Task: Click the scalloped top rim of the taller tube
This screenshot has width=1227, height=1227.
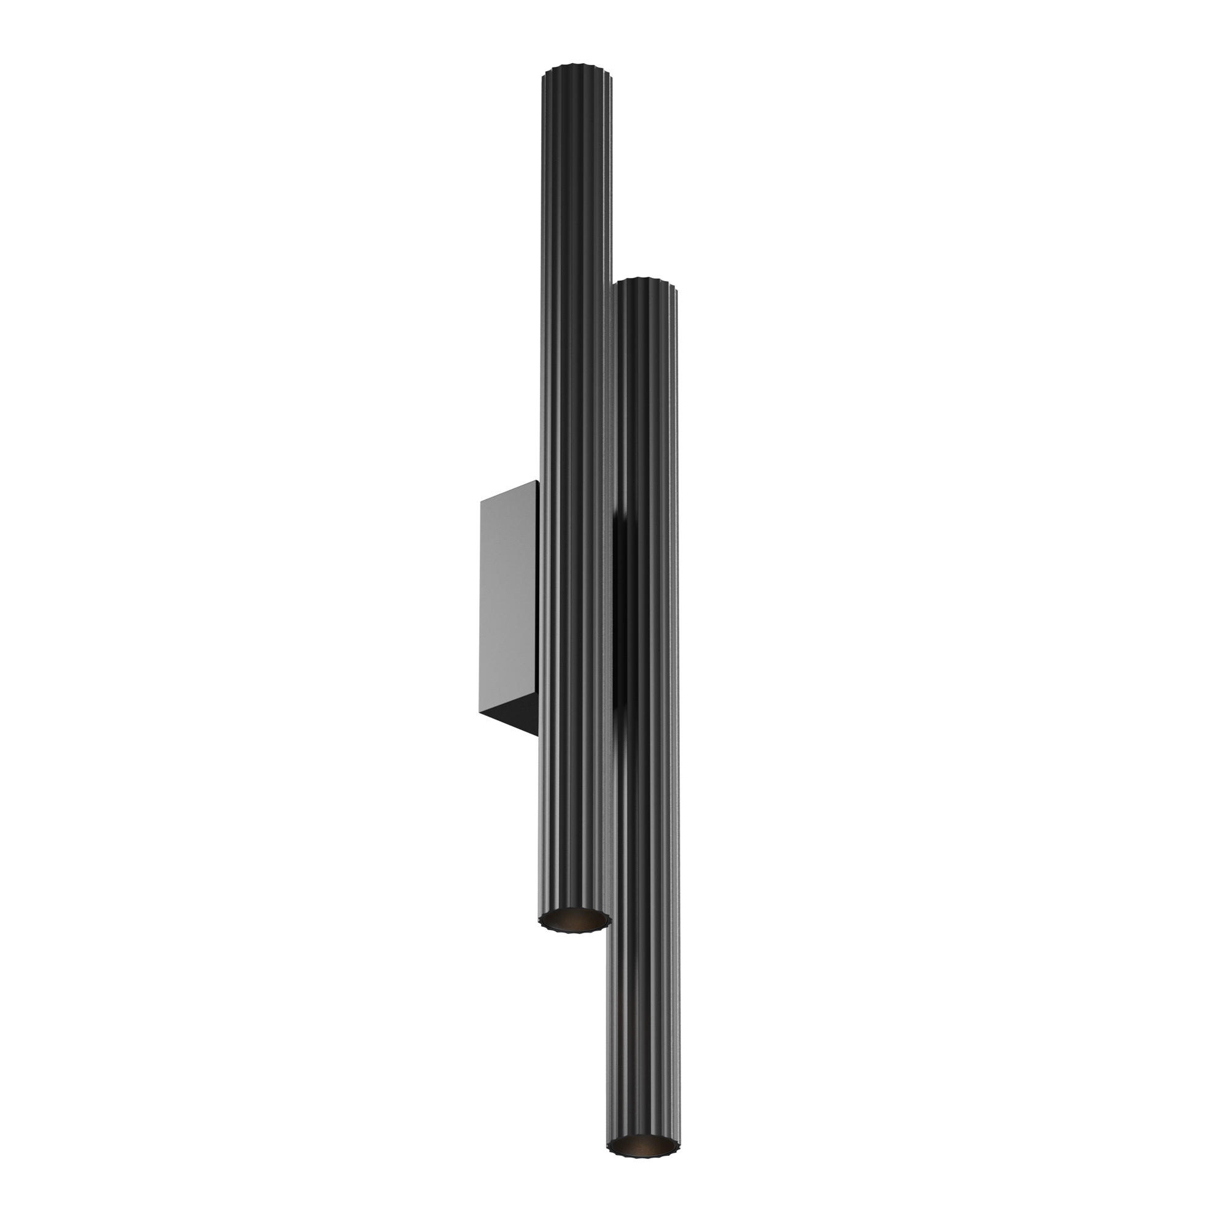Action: click(577, 68)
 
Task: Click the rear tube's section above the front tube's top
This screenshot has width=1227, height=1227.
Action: click(577, 178)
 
